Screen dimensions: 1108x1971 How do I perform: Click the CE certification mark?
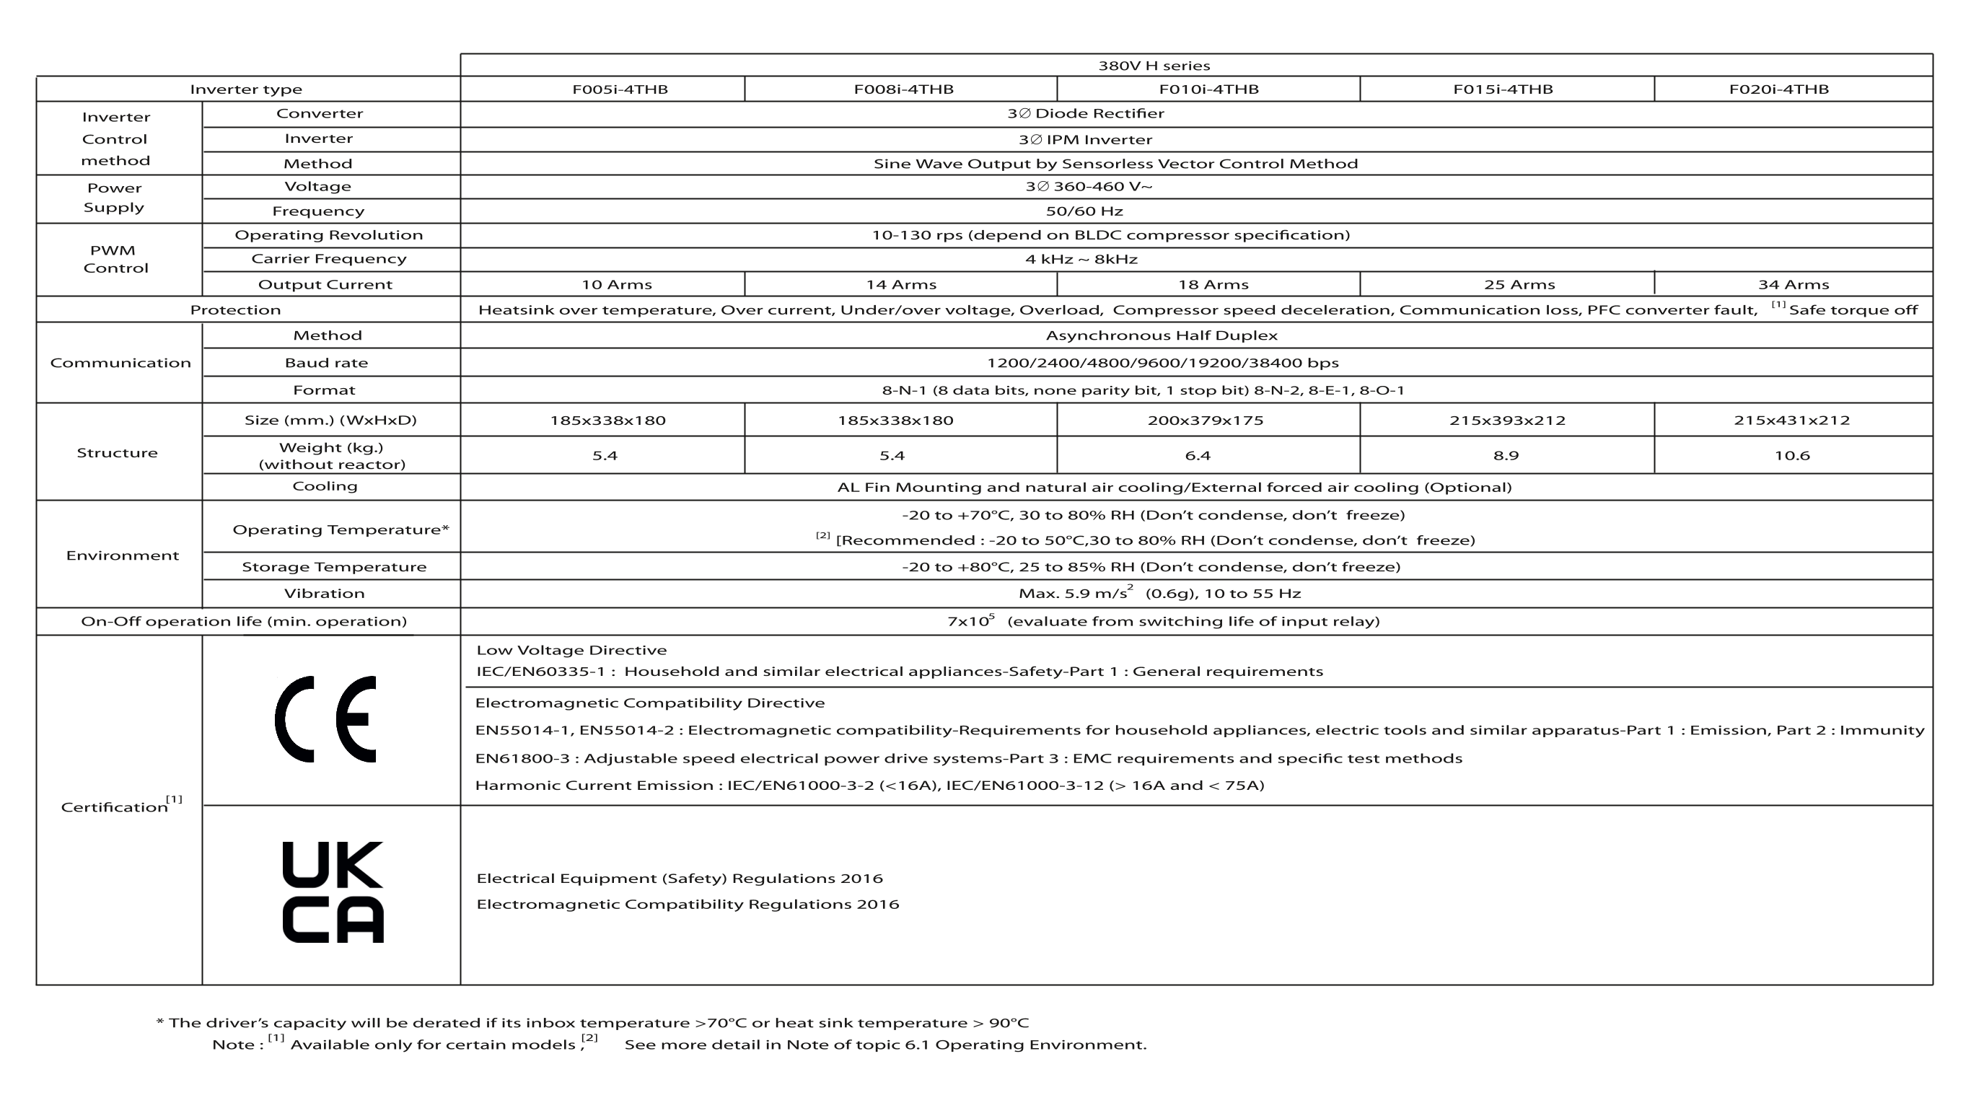coord(325,719)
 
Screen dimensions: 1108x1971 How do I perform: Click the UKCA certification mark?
coord(333,892)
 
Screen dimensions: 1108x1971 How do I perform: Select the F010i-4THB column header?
coord(1208,89)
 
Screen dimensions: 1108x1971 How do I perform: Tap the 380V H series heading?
coord(1154,66)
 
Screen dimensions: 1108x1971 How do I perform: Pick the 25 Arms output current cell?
coord(1519,285)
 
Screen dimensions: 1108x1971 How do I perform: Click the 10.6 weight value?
coord(1792,456)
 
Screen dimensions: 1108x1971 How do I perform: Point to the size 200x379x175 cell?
coord(1205,420)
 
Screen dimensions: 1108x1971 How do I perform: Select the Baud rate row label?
coord(326,363)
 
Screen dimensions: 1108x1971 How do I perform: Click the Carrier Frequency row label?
coord(329,259)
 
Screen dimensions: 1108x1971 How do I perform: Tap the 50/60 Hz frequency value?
coord(1084,211)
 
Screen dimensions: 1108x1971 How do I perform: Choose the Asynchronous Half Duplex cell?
coord(1162,335)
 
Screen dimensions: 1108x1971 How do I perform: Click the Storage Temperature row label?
coord(333,567)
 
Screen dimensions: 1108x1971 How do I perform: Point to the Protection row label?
coord(236,310)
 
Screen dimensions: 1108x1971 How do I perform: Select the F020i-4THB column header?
coord(1779,89)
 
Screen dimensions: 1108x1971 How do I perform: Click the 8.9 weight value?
coord(1506,456)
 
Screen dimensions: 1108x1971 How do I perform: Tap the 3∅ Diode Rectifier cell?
coord(1086,114)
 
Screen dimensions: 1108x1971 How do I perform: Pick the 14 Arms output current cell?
coord(900,285)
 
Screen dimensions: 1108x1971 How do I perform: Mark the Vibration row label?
coord(325,594)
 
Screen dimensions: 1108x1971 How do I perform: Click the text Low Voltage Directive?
coord(571,651)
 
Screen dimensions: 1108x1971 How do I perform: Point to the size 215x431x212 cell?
coord(1791,420)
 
